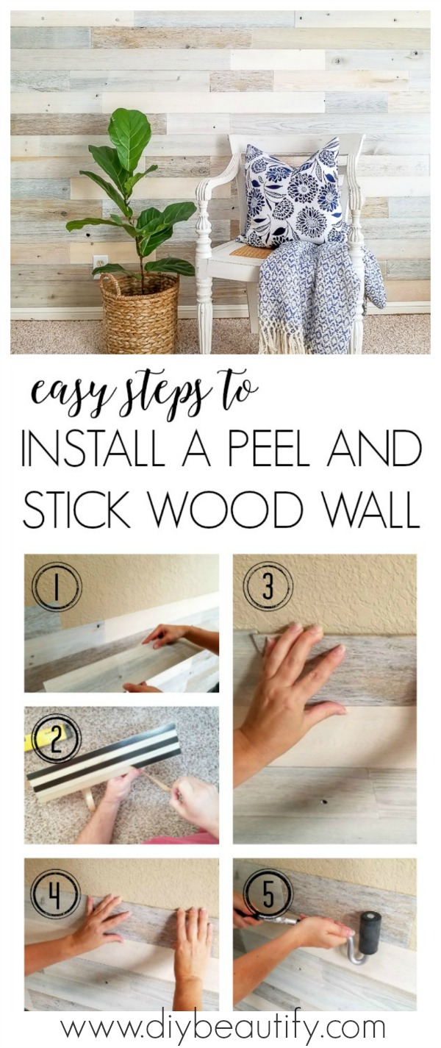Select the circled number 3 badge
click(x=268, y=585)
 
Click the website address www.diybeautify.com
click(x=222, y=1027)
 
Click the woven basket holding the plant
click(x=140, y=313)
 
